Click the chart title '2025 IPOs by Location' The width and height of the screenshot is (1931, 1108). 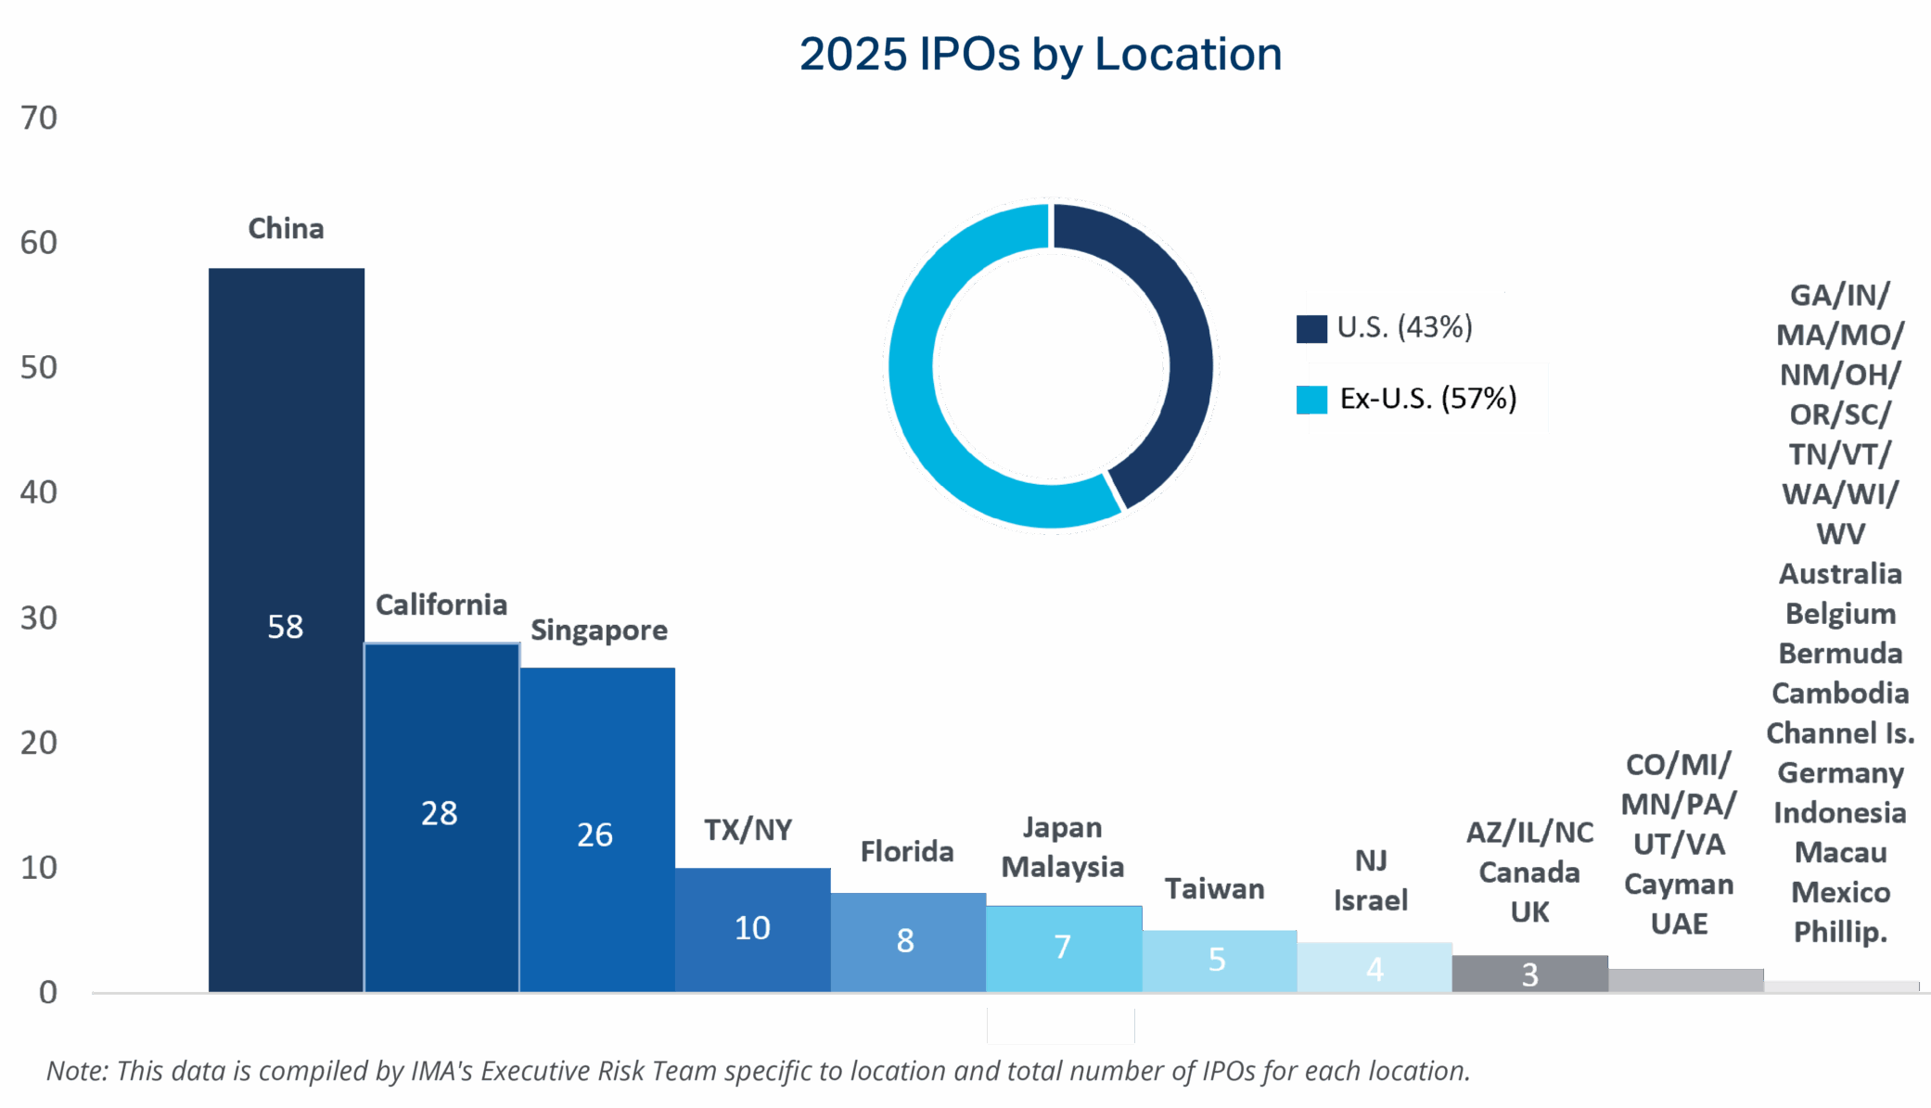1041,55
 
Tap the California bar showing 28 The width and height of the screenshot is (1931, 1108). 441,816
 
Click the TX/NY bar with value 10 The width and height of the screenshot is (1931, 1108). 752,929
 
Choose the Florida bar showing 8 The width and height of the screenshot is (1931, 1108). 907,942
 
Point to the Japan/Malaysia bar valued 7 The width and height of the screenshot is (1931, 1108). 1063,948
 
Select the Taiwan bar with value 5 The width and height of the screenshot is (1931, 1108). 1219,961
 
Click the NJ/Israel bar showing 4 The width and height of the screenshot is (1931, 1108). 1375,968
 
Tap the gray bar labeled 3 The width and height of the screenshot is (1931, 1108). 1529,974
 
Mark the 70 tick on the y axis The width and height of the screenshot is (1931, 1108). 40,119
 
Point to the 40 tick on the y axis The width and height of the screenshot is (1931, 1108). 40,492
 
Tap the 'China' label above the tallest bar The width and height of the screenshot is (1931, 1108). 286,228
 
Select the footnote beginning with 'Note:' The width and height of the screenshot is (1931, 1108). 756,1072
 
